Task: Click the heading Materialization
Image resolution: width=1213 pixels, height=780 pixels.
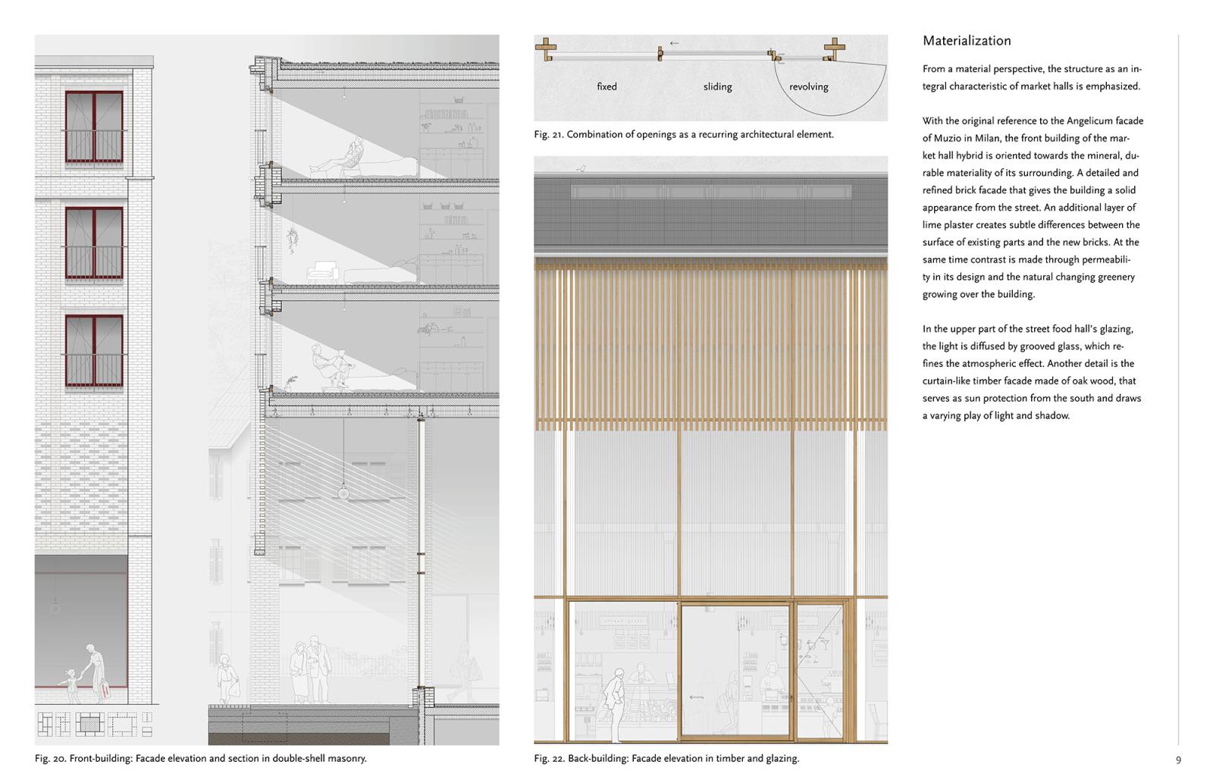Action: (x=967, y=41)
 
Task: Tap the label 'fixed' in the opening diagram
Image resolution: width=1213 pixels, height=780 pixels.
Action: (x=606, y=86)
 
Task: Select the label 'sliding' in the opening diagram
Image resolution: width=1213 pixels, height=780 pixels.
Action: (x=717, y=86)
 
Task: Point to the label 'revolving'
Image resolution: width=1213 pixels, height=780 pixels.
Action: (x=808, y=86)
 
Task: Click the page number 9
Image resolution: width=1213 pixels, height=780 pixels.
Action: (x=1178, y=760)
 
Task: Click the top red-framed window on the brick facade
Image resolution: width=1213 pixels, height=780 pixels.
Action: (x=94, y=127)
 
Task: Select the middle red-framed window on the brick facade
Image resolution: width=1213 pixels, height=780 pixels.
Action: (x=94, y=243)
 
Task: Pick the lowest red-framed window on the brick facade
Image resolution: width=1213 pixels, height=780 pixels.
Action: (x=94, y=351)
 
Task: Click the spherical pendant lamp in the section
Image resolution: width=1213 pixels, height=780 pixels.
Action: (x=343, y=493)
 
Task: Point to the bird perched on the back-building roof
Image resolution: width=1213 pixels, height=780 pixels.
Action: (x=581, y=168)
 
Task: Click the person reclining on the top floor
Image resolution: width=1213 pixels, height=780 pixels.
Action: (x=341, y=156)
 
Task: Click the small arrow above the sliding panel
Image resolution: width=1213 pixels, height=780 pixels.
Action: (x=674, y=43)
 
